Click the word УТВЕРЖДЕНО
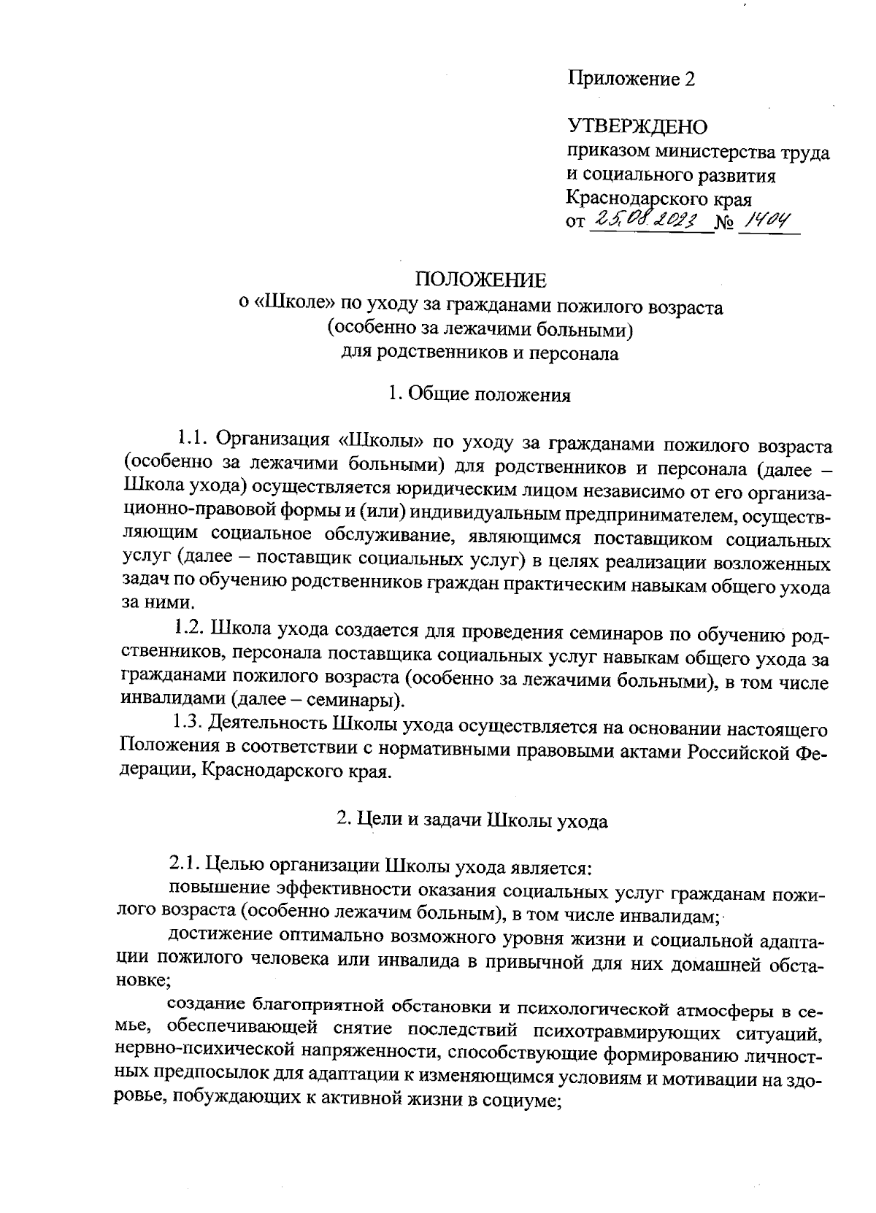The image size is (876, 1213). (638, 128)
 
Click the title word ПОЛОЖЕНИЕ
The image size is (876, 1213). (480, 280)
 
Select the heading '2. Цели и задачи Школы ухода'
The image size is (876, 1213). (472, 820)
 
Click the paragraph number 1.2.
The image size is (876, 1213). (190, 628)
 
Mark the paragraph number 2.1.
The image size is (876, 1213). (185, 866)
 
